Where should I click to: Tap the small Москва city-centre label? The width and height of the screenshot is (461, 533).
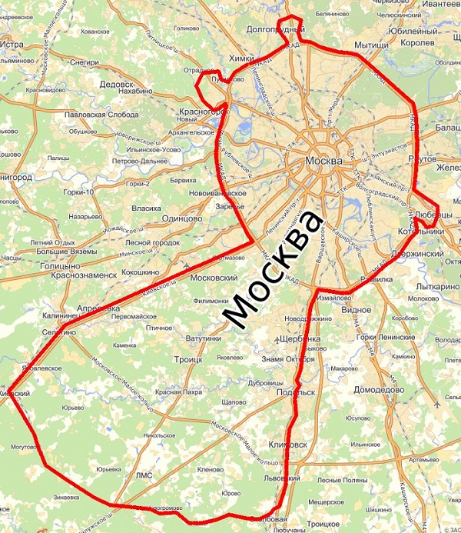coord(321,162)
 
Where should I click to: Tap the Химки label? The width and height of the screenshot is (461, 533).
coord(242,58)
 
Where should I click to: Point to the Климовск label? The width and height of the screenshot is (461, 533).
coord(290,444)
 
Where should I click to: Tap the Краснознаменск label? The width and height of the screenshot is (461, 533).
coord(83,274)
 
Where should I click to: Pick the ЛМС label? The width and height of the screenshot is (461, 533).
coord(144,475)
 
